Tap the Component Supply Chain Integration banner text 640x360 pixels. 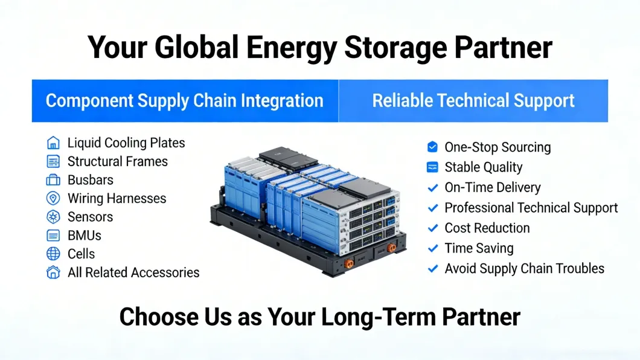(185, 100)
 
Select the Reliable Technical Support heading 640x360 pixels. (473, 100)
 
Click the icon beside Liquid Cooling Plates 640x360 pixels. (53, 143)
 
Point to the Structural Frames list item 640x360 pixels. (117, 161)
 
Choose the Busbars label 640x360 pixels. (90, 180)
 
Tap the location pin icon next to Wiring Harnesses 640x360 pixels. (53, 198)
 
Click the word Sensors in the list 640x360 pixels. (90, 217)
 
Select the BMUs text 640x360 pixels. (84, 236)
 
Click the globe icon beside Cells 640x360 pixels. (53, 254)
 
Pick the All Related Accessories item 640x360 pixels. (133, 272)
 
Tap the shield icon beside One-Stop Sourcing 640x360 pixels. (432, 147)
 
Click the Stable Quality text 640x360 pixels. (483, 167)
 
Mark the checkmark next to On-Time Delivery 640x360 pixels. (432, 188)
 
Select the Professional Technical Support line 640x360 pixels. (531, 208)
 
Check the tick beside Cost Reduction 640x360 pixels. (432, 228)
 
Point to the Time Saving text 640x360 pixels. (479, 248)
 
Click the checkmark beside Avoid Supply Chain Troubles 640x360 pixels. (432, 269)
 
